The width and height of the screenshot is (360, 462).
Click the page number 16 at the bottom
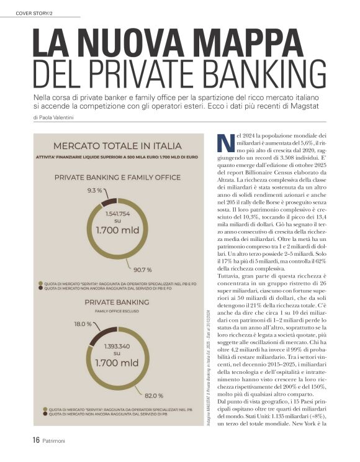pyautogui.click(x=37, y=442)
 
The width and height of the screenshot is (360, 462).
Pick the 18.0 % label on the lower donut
pyautogui.click(x=83, y=324)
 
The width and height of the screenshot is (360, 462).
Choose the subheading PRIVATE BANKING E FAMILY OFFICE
pyautogui.click(x=118, y=177)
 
